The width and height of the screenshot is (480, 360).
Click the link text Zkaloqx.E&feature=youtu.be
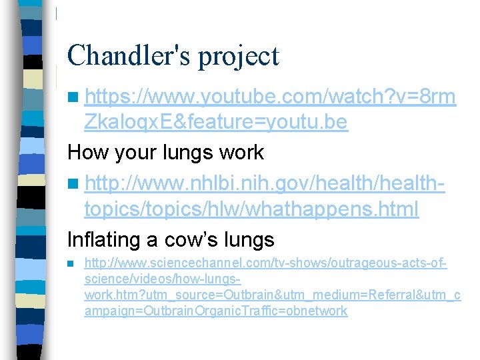point(215,123)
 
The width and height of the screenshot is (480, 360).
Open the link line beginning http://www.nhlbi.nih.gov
point(265,182)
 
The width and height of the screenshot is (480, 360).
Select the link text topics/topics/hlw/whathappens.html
point(251,209)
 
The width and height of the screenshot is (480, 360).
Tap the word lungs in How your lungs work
point(191,153)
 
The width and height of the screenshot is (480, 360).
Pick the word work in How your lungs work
point(243,153)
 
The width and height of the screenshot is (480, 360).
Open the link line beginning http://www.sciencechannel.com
point(265,265)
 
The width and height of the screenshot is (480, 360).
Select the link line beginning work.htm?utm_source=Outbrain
point(272,295)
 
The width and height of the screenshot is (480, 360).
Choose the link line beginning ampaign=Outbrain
point(215,311)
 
